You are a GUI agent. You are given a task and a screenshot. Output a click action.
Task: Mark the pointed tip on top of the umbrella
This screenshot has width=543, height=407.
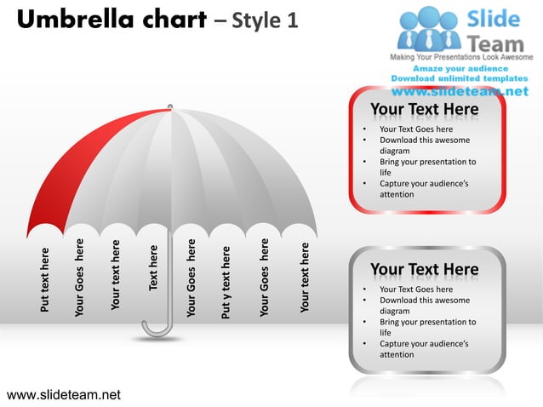coord(170,106)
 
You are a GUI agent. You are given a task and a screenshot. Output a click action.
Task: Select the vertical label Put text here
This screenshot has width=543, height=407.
coord(45,279)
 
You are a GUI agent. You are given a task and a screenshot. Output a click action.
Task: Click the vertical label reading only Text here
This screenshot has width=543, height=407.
coord(154,267)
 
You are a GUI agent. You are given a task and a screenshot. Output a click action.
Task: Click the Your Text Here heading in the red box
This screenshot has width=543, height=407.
coord(424,111)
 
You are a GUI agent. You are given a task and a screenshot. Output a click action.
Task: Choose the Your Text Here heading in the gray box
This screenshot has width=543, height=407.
coord(424,270)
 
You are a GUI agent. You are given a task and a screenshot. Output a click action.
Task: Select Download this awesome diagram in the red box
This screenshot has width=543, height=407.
coord(424,146)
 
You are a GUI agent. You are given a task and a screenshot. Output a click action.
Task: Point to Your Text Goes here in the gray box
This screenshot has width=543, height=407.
coord(416,289)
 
